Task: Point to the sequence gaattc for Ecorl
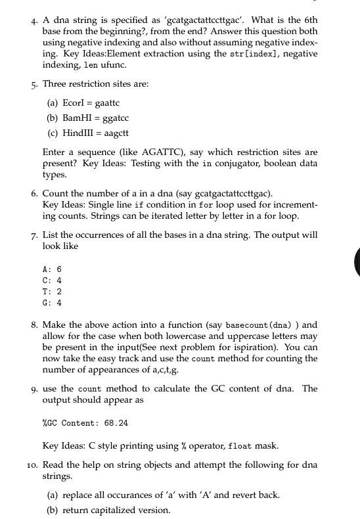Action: [107, 102]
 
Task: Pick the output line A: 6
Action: [52, 269]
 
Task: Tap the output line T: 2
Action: [52, 292]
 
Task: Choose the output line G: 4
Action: [52, 303]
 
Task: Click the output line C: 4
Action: [52, 281]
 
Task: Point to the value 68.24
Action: [114, 423]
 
